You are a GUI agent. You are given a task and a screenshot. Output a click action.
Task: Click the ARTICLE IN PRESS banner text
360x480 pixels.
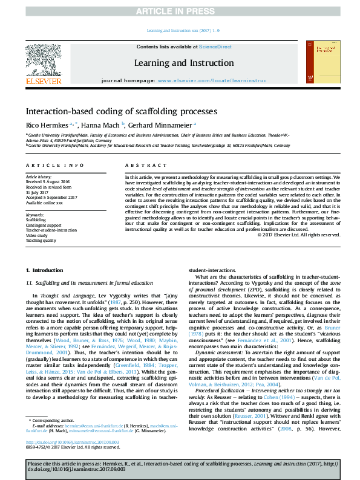point(180,11)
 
